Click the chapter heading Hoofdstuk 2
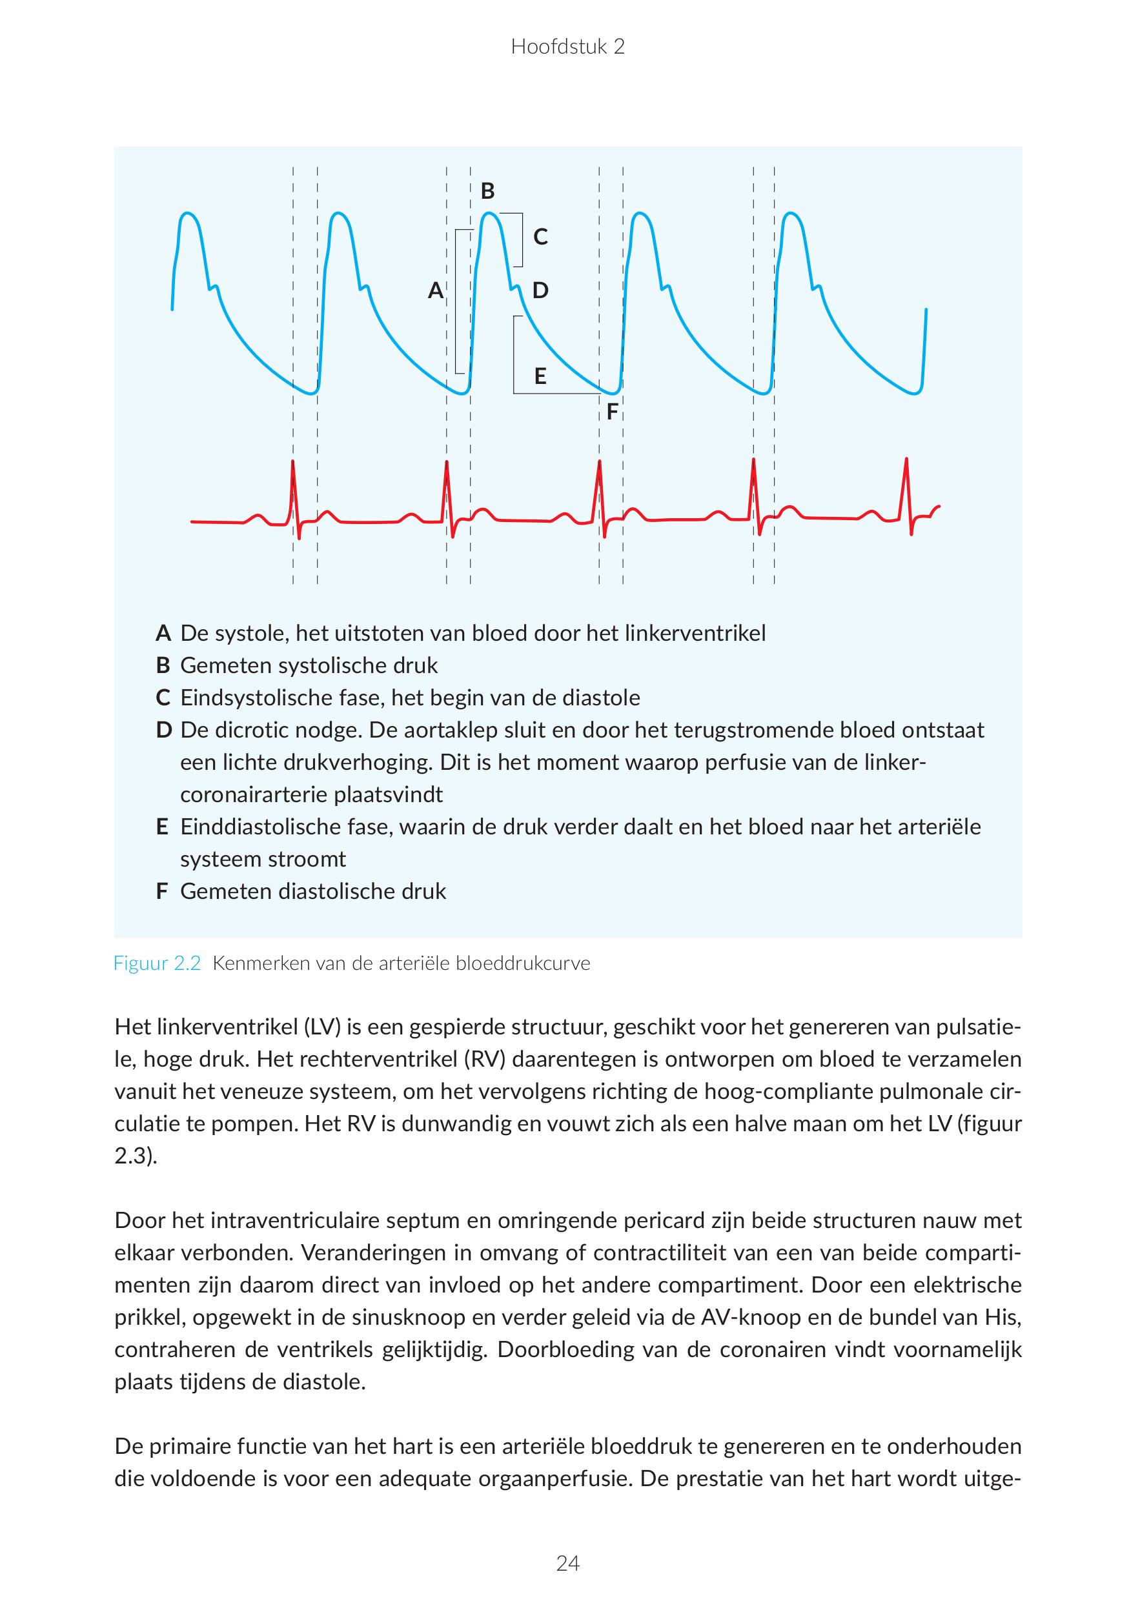pos(567,46)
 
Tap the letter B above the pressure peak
pos(487,190)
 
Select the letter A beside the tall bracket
pos(435,290)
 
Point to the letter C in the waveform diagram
pos(540,237)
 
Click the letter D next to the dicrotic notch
pos(540,290)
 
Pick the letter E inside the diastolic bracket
pos(540,377)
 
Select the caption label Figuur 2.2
pos(157,963)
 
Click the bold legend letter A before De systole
pos(163,633)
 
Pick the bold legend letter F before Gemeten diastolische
pos(162,891)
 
